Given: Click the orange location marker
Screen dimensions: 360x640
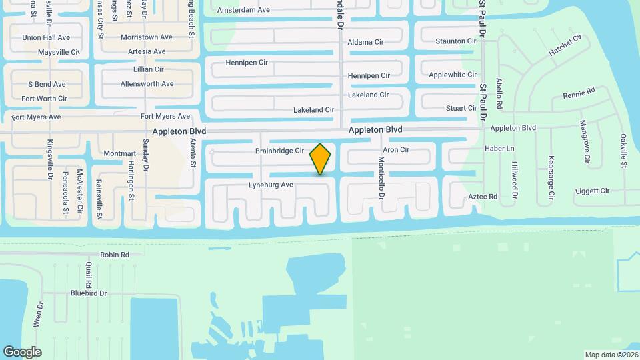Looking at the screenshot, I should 321,159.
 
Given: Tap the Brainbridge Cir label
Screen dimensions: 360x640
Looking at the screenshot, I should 279,151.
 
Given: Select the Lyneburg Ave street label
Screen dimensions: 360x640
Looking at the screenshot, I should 271,185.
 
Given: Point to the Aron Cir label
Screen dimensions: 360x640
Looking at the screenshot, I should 396,150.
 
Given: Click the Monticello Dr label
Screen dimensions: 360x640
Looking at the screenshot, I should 382,178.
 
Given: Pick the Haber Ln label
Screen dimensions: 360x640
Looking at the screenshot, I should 499,148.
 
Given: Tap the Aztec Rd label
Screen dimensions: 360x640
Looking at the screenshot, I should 483,197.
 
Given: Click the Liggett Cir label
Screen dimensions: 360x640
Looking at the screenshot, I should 592,191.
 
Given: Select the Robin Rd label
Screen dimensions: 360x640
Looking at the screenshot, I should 114,255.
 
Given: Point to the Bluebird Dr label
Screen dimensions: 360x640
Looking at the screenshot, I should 89,293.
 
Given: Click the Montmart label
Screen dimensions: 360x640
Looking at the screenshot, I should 120,153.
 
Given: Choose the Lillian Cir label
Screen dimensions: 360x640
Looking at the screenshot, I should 149,69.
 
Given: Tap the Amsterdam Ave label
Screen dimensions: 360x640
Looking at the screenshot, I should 243,10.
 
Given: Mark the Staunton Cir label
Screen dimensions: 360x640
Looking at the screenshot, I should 456,41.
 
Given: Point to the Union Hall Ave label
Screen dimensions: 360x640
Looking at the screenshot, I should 46,37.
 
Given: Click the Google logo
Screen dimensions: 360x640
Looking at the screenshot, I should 22,352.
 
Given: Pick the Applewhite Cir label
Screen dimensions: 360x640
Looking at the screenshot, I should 453,75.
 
